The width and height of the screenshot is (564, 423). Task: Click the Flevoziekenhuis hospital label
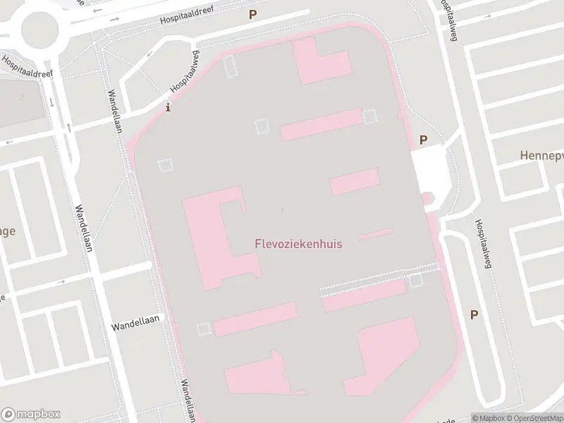(298, 244)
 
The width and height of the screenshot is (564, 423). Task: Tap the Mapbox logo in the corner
(31, 414)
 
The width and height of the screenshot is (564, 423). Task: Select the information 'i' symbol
(167, 108)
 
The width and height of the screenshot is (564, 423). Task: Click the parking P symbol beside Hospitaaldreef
(252, 14)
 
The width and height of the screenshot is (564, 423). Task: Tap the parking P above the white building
(423, 140)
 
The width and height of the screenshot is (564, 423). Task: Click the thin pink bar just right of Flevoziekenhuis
(375, 234)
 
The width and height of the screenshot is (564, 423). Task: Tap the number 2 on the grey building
(22, 97)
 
